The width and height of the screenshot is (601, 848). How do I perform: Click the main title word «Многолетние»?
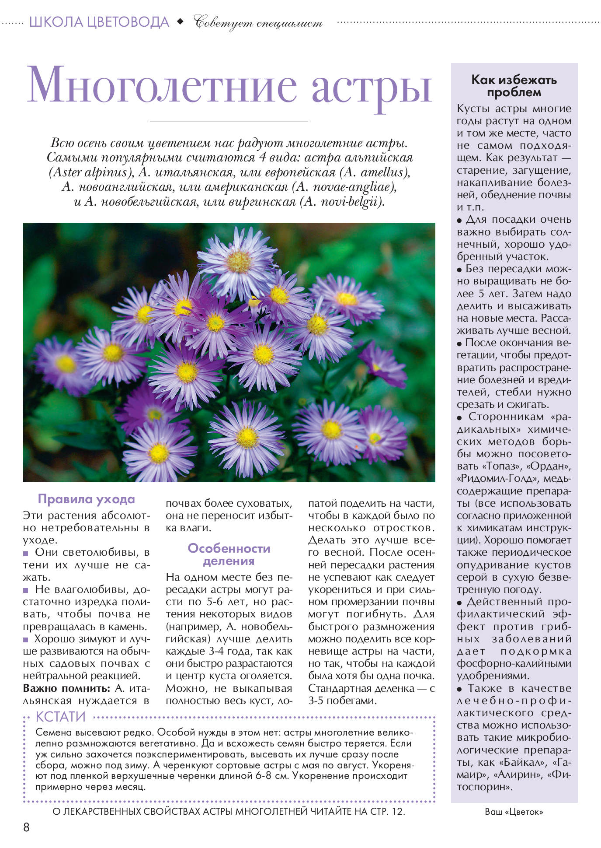162,85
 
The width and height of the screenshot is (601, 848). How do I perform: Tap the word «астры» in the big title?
372,88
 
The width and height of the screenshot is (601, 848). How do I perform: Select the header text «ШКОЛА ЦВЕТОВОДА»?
99,22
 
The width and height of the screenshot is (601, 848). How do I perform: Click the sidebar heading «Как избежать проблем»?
514,86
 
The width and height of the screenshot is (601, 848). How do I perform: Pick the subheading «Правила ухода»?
86,499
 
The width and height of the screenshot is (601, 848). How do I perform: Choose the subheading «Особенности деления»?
229,554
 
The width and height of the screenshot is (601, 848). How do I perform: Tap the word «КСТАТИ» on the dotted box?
60,717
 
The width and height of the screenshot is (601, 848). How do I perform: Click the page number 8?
26,827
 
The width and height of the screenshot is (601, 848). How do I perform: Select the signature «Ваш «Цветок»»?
514,812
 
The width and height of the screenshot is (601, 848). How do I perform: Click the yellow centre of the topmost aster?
239,261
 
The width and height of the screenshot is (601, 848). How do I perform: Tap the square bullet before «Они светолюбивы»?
26,553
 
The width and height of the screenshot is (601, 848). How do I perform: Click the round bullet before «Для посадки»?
459,221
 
